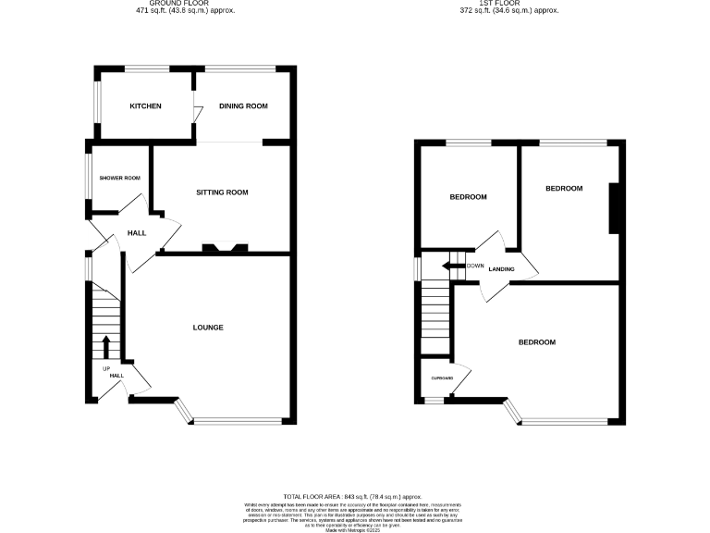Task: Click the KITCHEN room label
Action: point(145,106)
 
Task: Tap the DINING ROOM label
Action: point(243,106)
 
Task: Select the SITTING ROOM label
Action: point(222,192)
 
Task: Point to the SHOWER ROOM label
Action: point(120,178)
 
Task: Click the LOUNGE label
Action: point(208,328)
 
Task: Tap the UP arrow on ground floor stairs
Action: point(105,347)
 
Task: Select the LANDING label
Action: point(501,269)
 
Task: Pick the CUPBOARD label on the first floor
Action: point(442,378)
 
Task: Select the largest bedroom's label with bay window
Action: point(536,342)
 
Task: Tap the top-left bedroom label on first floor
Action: point(469,197)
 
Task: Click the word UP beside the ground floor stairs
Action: point(105,367)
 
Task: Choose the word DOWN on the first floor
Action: point(476,266)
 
